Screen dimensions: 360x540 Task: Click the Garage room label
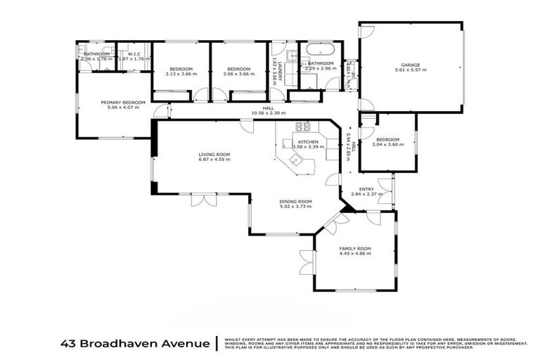pos(411,64)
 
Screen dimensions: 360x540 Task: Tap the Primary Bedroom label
pos(122,103)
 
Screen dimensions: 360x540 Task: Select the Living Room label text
pos(214,154)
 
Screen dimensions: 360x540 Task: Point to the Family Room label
pos(355,250)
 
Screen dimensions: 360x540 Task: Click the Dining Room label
pos(296,201)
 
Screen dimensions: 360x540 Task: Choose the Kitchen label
pos(308,142)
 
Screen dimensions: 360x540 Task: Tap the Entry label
pos(366,189)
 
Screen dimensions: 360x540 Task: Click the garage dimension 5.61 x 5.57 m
pos(411,70)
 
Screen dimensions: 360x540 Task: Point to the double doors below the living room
pos(203,200)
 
